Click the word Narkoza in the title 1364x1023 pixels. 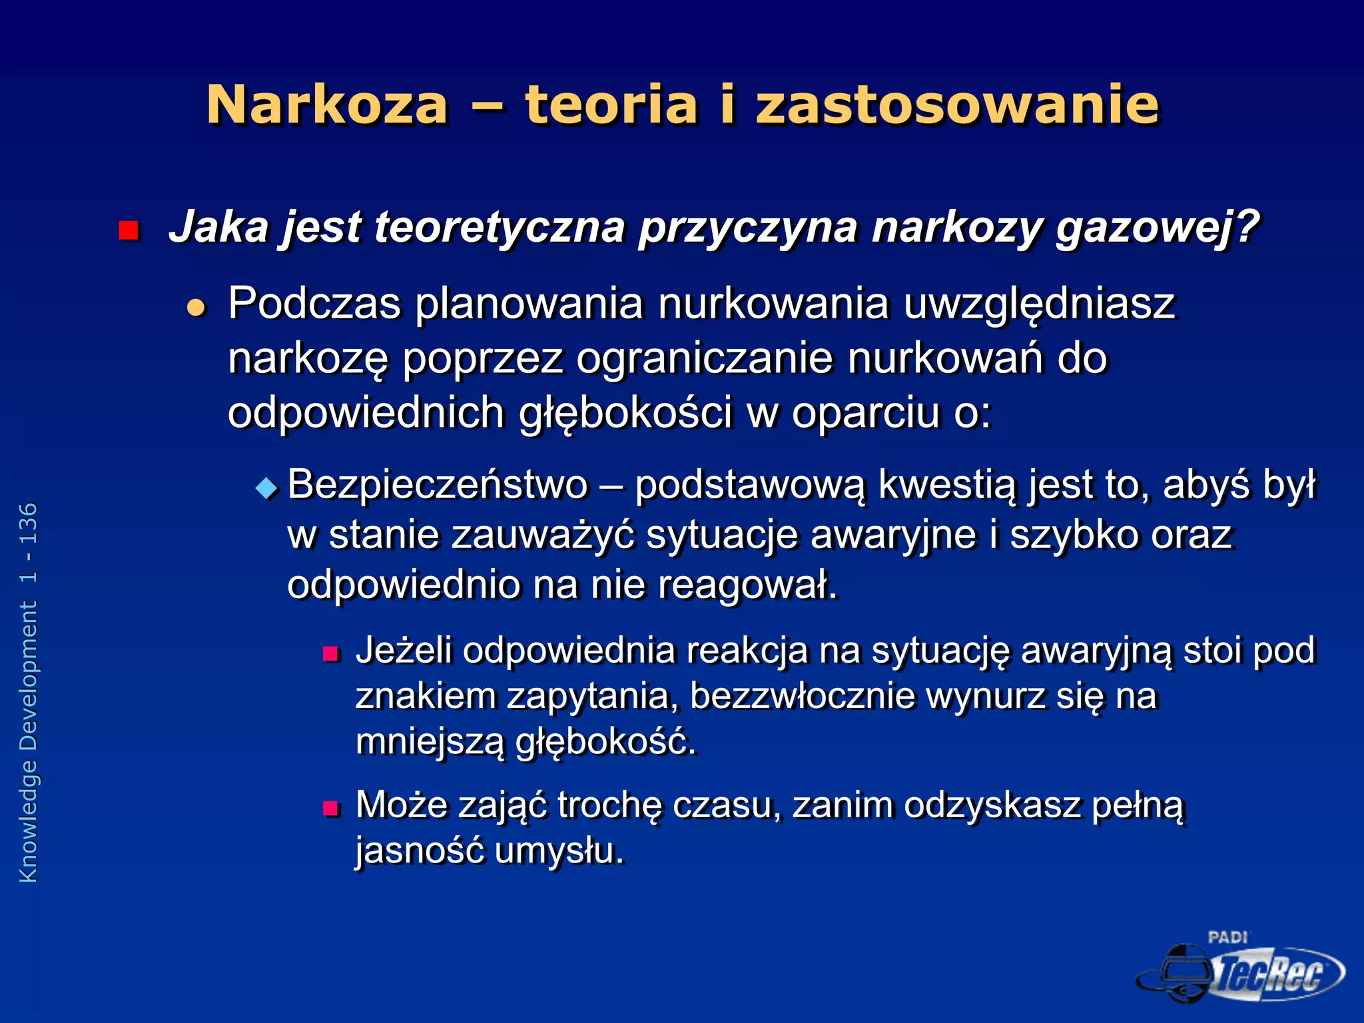tap(327, 105)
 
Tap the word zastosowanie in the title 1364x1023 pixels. tap(958, 105)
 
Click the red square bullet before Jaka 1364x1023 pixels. tap(128, 230)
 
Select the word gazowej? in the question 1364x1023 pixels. tap(1158, 228)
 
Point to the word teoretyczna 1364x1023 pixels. tap(500, 228)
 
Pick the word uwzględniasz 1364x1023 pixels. tap(1039, 305)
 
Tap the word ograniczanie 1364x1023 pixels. tap(705, 358)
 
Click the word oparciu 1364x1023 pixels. tap(865, 412)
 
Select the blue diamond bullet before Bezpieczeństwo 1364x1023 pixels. tap(266, 489)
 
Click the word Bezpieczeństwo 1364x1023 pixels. tap(438, 485)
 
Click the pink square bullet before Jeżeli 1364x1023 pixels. tap(331, 653)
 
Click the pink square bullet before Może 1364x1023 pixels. tap(331, 809)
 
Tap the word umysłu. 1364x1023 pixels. tap(559, 851)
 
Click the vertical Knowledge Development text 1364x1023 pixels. tap(29, 693)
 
